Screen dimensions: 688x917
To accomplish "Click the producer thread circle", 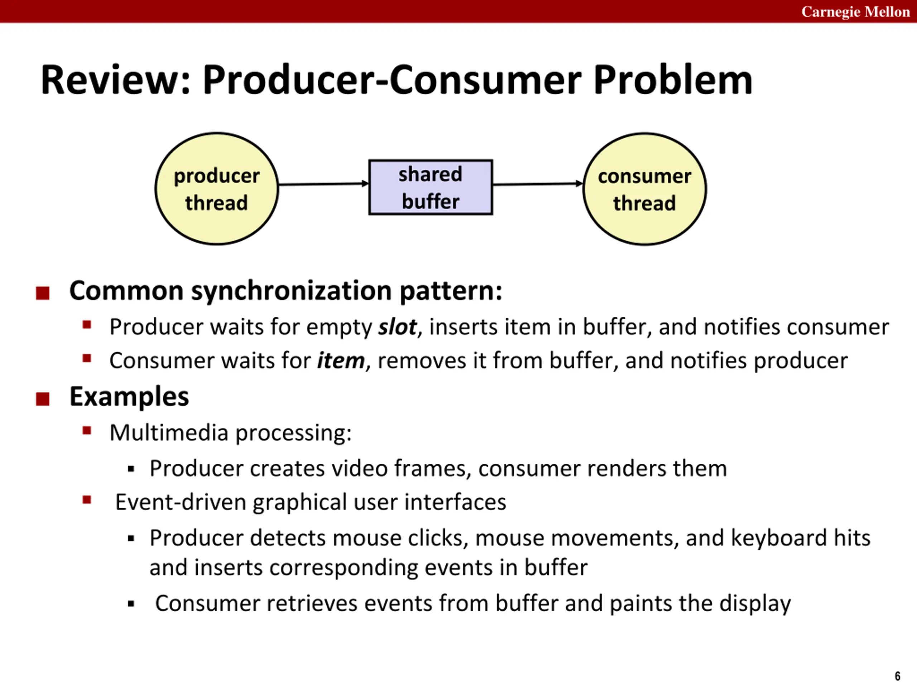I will tap(216, 189).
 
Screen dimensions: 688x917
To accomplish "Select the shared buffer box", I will tap(430, 187).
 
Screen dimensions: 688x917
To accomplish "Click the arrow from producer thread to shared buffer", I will tap(323, 184).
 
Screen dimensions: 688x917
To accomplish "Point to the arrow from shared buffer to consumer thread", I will tap(538, 184).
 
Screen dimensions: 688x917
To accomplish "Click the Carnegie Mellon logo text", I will tap(855, 11).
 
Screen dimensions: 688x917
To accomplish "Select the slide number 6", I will tap(898, 676).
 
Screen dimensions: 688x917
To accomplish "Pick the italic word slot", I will tap(397, 327).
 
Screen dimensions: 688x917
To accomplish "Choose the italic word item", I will tap(341, 361).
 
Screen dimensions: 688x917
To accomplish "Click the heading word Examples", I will tap(129, 397).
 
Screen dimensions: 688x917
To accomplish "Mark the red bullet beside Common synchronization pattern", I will tap(43, 293).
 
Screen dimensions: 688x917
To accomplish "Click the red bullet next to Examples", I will tap(43, 399).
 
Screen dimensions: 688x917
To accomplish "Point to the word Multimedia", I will tap(169, 433).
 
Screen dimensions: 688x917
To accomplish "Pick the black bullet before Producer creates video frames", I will tap(131, 469).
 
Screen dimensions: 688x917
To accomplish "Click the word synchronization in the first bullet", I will tap(291, 291).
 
